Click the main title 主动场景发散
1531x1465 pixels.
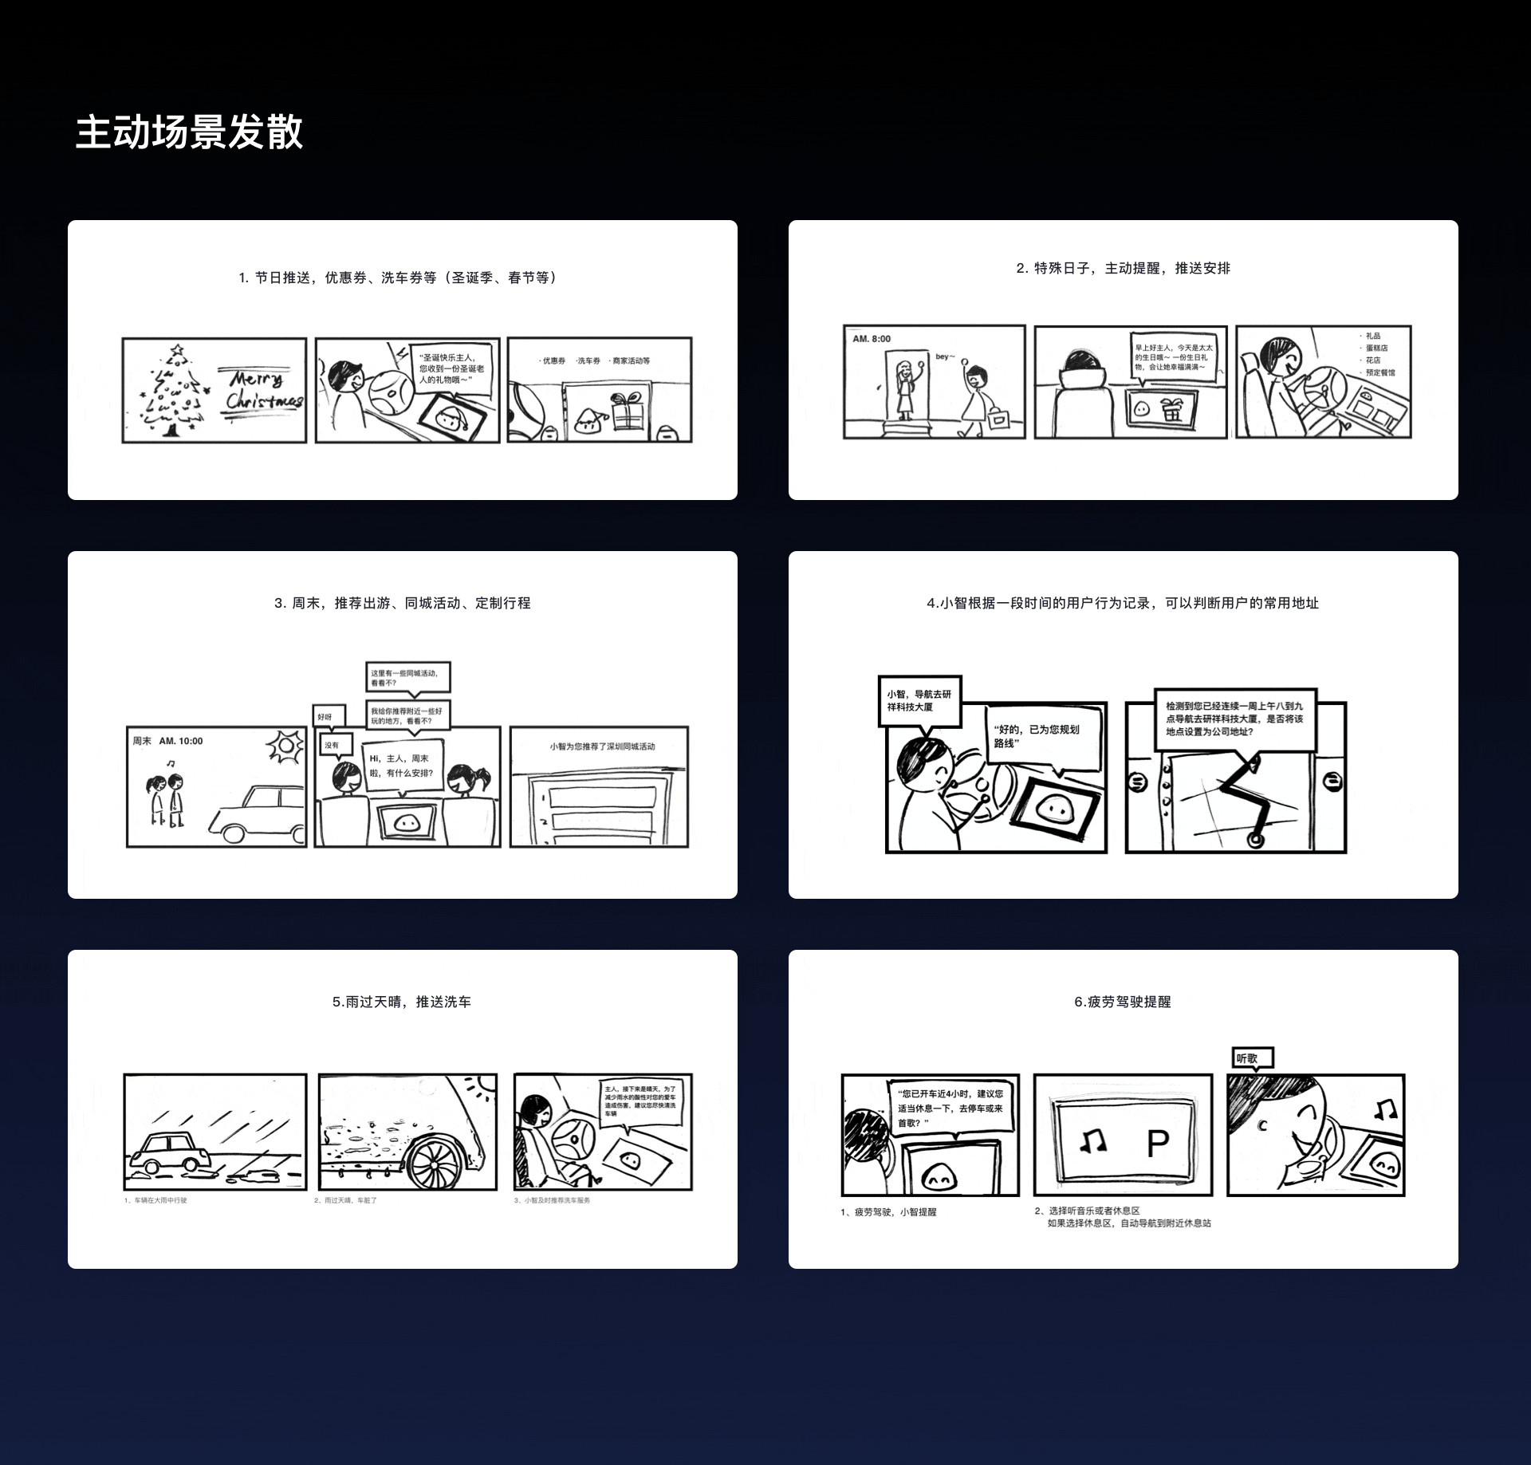pyautogui.click(x=189, y=132)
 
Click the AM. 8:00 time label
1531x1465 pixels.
pyautogui.click(x=872, y=339)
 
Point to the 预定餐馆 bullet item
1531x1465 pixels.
pyautogui.click(x=1379, y=372)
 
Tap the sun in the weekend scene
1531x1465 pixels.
pyautogui.click(x=284, y=746)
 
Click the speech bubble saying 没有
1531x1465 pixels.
pyautogui.click(x=331, y=745)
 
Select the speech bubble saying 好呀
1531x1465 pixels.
pyautogui.click(x=325, y=717)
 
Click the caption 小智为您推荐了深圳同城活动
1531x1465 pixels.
pyautogui.click(x=601, y=746)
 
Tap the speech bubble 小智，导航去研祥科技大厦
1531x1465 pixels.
pyautogui.click(x=919, y=701)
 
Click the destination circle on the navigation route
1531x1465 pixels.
pyautogui.click(x=1256, y=840)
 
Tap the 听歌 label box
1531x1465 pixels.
pyautogui.click(x=1252, y=1058)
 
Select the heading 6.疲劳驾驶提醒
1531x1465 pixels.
pyautogui.click(x=1122, y=1002)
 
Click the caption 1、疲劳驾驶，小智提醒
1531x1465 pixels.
pyautogui.click(x=888, y=1212)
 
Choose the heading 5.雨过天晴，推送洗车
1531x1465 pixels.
pyautogui.click(x=401, y=1002)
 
